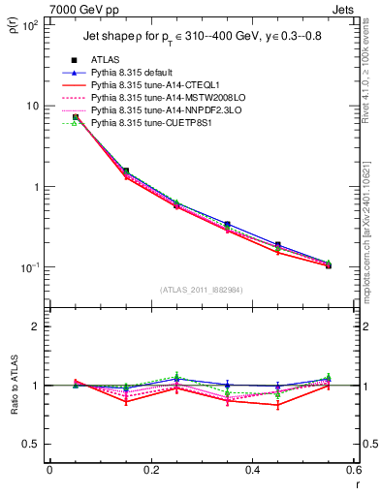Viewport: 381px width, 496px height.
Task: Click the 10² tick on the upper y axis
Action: click(x=31, y=25)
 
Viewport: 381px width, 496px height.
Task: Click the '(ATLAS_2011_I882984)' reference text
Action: click(x=202, y=290)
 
